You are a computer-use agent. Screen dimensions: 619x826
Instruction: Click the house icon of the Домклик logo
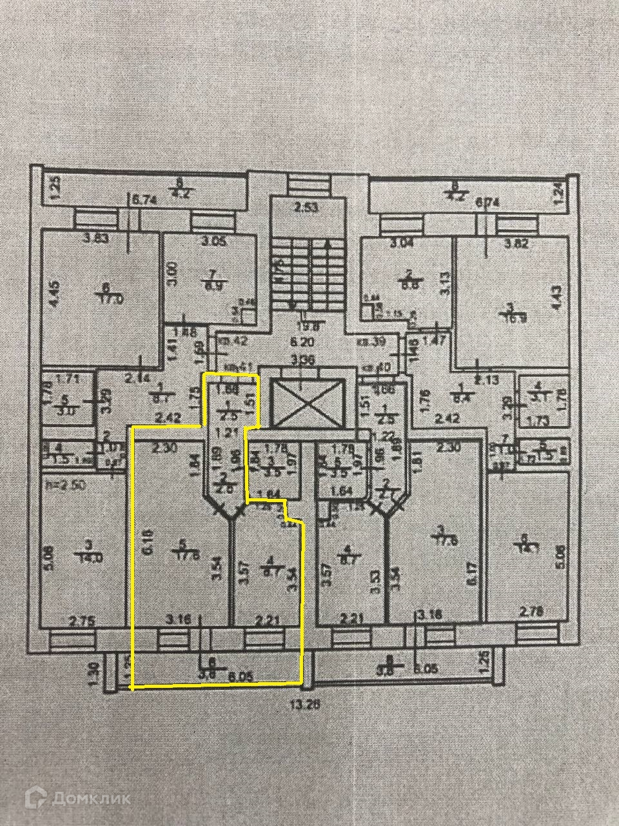(x=35, y=798)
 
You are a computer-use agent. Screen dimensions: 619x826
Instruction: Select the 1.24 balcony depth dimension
(x=558, y=191)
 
